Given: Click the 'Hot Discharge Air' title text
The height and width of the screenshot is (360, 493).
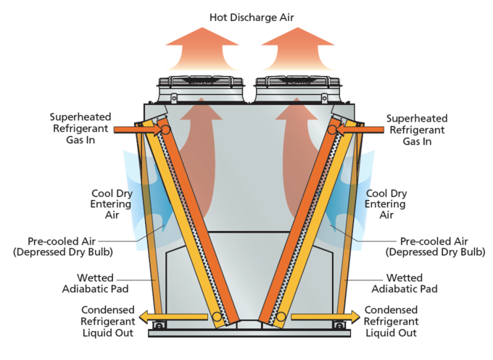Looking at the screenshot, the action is (252, 17).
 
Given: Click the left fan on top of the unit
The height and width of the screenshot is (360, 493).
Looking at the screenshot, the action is (201, 89).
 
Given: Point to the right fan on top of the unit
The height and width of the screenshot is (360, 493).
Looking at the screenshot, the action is (298, 89).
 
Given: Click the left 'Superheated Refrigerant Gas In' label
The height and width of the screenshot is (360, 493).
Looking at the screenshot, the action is (80, 128).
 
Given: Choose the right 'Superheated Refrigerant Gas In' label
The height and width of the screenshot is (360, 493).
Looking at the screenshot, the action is (417, 130).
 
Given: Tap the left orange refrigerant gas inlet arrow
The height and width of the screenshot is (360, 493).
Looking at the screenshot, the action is (138, 129).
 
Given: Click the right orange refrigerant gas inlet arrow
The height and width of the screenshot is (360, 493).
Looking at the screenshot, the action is (360, 129).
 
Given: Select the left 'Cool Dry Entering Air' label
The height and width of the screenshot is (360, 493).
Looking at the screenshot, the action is (112, 204).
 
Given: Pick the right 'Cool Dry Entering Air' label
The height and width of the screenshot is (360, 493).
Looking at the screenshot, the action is (386, 204).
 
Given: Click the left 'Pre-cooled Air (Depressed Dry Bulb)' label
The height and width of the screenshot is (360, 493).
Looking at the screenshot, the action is (63, 246).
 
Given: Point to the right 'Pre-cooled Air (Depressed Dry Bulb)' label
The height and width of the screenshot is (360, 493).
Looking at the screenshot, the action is (435, 246).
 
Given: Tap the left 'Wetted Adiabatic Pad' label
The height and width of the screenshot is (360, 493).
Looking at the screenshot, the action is (95, 283).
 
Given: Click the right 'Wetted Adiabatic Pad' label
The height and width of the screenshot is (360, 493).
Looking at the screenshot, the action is (405, 283).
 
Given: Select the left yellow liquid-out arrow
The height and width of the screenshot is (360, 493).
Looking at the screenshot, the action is (173, 317).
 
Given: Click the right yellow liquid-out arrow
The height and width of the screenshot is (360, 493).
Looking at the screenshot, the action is (326, 317).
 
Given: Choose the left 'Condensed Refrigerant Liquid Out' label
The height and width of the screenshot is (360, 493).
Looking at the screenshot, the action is (108, 322).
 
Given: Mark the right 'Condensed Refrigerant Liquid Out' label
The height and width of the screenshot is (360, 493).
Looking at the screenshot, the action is (391, 322).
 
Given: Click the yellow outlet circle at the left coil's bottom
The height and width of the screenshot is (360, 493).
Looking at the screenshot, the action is (217, 317).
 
